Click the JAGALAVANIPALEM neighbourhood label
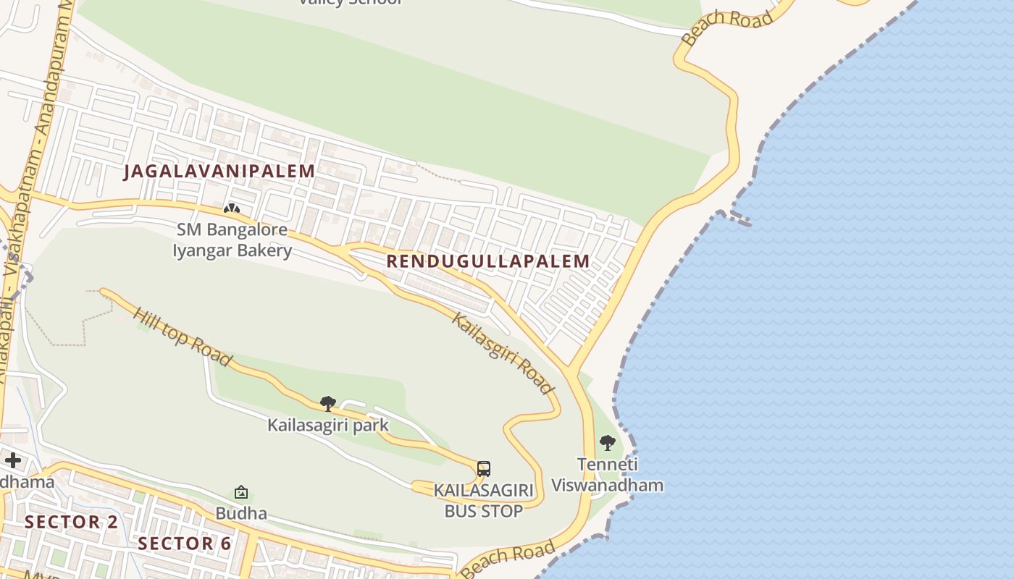click(219, 172)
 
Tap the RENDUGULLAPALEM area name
click(488, 261)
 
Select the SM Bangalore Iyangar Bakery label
click(232, 240)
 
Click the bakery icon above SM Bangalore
click(232, 210)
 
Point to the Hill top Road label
click(183, 337)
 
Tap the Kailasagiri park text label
click(327, 425)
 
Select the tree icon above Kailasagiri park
click(327, 404)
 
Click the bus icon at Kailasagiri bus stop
click(484, 468)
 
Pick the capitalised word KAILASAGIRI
click(484, 491)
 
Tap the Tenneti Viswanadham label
click(607, 474)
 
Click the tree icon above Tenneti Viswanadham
click(607, 443)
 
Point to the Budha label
click(241, 513)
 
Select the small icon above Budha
click(241, 493)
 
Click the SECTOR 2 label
click(71, 522)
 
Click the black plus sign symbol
click(12, 460)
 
